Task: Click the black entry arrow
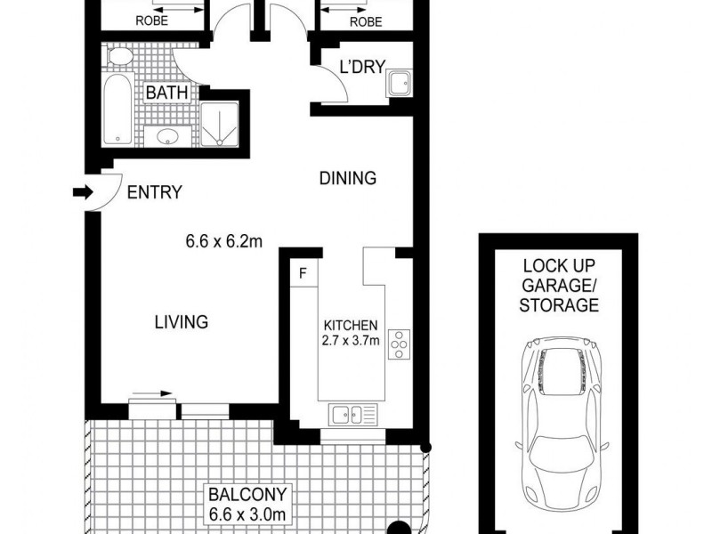click(82, 191)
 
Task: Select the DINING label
click(348, 178)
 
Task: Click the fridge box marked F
click(303, 273)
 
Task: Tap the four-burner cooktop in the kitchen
click(399, 344)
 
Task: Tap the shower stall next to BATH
click(216, 123)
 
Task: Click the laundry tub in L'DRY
click(398, 84)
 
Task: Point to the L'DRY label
click(360, 66)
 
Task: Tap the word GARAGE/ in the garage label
click(560, 285)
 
